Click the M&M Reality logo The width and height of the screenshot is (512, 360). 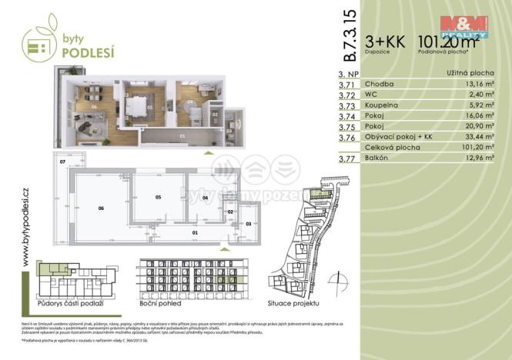(463, 26)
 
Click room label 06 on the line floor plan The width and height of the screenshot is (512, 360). (100, 208)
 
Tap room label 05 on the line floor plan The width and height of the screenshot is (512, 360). (158, 198)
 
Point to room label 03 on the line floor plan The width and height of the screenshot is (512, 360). (248, 223)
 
